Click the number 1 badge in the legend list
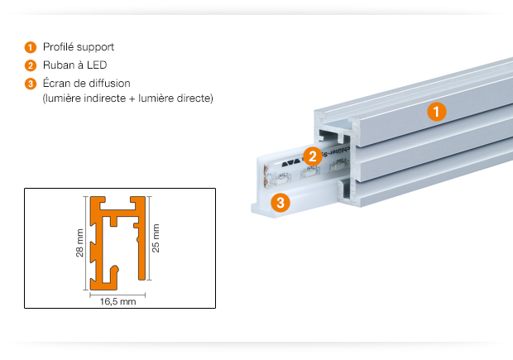pyautogui.click(x=31, y=47)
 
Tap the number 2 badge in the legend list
pyautogui.click(x=31, y=65)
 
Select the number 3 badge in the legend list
pyautogui.click(x=31, y=84)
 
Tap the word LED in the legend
pyautogui.click(x=97, y=65)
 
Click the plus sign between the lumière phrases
pyautogui.click(x=132, y=98)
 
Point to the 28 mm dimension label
pyautogui.click(x=79, y=242)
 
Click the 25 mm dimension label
pyautogui.click(x=156, y=238)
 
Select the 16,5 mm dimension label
pyautogui.click(x=117, y=301)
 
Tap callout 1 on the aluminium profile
pyautogui.click(x=437, y=112)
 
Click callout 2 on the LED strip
pyautogui.click(x=313, y=156)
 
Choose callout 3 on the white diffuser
pyautogui.click(x=280, y=203)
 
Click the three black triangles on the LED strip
pyautogui.click(x=291, y=162)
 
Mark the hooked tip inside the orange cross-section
pyautogui.click(x=114, y=270)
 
